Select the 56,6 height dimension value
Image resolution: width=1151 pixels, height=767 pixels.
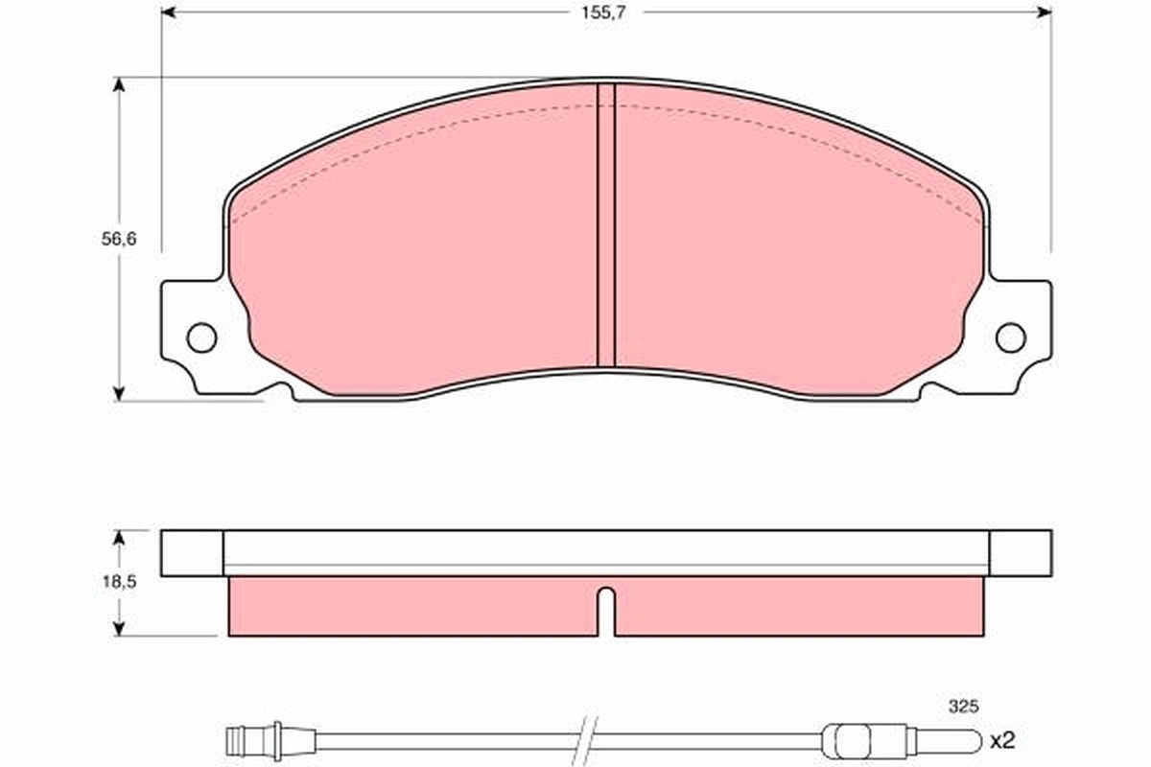coord(120,240)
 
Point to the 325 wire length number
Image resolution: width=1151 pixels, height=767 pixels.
coord(962,707)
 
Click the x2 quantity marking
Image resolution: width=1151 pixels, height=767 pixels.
coord(1001,740)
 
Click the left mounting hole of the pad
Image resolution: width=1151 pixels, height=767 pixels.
coord(201,337)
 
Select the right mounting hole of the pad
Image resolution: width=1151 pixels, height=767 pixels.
coord(1010,337)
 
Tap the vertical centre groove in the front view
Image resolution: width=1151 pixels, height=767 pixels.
coord(605,225)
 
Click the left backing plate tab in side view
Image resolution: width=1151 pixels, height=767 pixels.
coord(192,553)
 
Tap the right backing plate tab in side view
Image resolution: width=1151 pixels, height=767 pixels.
coord(1020,553)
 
